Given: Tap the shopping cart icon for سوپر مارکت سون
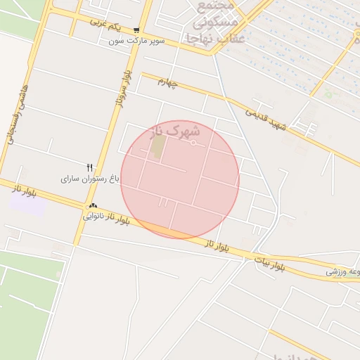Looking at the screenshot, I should (136, 31).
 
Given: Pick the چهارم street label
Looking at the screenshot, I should (169, 83).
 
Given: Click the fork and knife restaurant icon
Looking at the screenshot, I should (89, 167).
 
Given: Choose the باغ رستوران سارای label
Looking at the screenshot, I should (91, 179).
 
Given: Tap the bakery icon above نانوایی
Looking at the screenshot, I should (92, 206).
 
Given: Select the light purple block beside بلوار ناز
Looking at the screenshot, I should (27, 205).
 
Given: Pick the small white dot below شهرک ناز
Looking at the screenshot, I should (193, 143).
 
